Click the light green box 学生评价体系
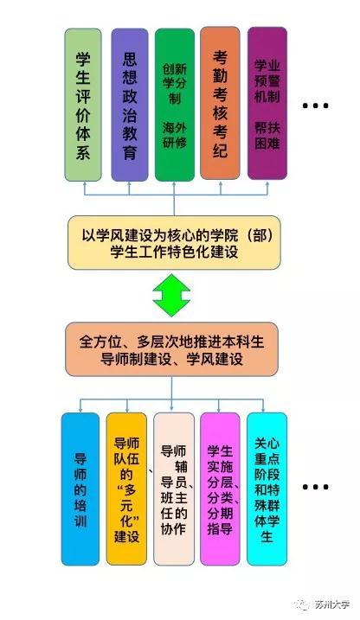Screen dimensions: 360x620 [x=83, y=105]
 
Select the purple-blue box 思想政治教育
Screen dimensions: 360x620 [x=129, y=105]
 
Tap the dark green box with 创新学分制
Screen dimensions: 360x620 [x=175, y=105]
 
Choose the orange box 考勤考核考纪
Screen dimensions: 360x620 [x=220, y=103]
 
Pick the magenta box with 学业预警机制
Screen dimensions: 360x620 [x=267, y=103]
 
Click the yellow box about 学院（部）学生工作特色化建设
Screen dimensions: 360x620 [x=174, y=242]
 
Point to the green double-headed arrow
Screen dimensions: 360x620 [x=171, y=295]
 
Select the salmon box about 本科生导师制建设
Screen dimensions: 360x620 [x=171, y=349]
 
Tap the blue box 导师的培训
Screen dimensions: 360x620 [x=80, y=489]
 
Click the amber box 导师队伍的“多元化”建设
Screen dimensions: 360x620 [x=126, y=489]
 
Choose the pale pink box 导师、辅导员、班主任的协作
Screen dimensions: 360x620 [x=174, y=489]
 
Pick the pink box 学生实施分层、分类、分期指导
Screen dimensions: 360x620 [x=220, y=489]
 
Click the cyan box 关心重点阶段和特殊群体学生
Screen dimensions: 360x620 [x=267, y=489]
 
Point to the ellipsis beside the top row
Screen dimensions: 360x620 [x=315, y=105]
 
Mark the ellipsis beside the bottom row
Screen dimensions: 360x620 [x=315, y=487]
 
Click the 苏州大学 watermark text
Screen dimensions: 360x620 [x=332, y=604]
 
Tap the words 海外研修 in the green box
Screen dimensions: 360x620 [x=175, y=135]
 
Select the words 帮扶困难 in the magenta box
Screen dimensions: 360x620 [x=267, y=135]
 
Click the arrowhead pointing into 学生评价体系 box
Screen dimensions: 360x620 [x=84, y=184]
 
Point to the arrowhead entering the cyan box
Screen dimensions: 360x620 [x=263, y=410]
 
